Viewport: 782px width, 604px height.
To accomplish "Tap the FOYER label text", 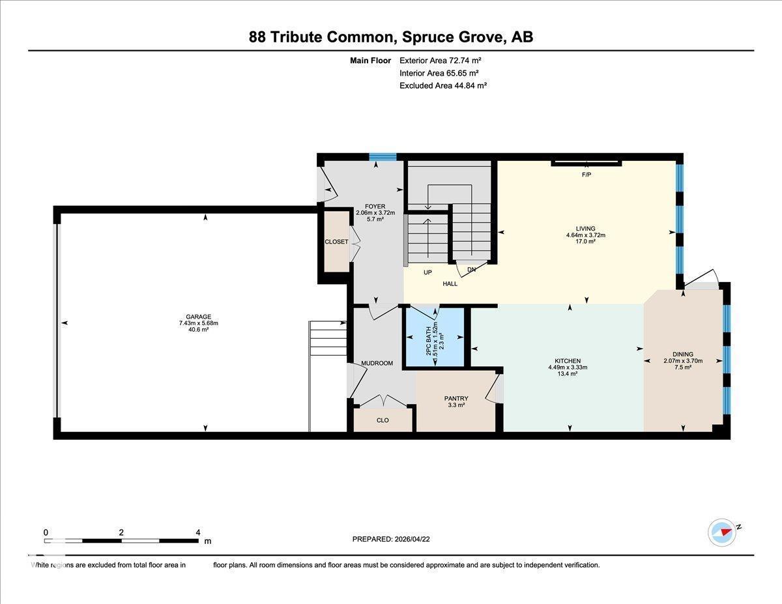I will (x=375, y=207).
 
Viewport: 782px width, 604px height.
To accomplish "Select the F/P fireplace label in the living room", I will (x=586, y=175).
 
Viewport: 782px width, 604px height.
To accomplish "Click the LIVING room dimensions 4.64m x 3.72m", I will (x=581, y=235).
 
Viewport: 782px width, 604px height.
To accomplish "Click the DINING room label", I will (x=682, y=354).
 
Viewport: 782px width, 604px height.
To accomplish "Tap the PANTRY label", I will (x=456, y=398).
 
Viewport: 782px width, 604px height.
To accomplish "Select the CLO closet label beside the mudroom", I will (x=383, y=420).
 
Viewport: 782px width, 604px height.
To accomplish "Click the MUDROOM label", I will (x=377, y=363).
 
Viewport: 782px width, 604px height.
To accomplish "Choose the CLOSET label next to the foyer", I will (x=336, y=242).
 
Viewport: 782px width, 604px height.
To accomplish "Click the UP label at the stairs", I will (x=427, y=272).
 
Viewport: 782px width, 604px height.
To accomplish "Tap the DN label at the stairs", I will (x=471, y=269).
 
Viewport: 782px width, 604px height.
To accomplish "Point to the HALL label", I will (x=450, y=284).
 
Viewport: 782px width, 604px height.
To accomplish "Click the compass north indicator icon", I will (x=722, y=532).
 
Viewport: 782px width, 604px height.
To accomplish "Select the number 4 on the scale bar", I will (x=197, y=532).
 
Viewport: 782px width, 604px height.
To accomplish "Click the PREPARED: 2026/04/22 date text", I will (x=392, y=539).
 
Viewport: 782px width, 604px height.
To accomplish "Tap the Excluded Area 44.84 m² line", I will (x=443, y=85).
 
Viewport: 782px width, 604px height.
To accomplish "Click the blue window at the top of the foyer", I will (x=383, y=157).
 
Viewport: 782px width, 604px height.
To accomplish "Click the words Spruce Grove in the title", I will (x=451, y=37).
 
